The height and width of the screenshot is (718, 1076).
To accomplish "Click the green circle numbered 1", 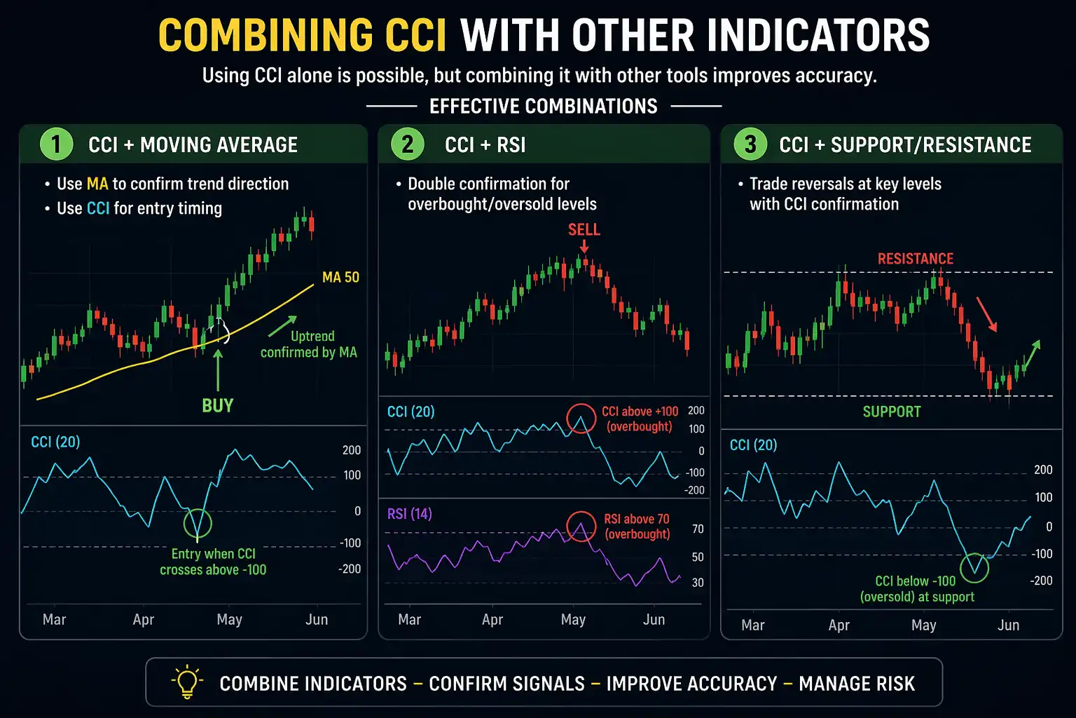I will point(56,144).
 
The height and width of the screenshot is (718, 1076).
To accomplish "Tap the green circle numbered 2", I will point(407,144).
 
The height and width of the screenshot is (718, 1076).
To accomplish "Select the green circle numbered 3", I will point(750,144).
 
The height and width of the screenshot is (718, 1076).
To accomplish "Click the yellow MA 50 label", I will point(340,278).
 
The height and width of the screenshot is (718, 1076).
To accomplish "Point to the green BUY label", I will point(217,405).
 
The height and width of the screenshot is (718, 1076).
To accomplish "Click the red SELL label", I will point(584,230).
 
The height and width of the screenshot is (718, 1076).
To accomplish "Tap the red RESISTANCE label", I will point(915,259).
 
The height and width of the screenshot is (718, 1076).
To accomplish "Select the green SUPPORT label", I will point(891,412).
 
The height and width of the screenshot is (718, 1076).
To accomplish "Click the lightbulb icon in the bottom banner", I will point(187,682).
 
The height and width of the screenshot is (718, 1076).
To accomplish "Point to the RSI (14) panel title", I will point(409,514).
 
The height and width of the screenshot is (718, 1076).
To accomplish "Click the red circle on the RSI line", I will point(581,527).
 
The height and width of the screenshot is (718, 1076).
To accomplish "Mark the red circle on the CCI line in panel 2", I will point(581,419).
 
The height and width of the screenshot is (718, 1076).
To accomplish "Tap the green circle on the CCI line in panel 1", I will point(198,523).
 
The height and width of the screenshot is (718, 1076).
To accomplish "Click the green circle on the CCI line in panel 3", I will point(974,567).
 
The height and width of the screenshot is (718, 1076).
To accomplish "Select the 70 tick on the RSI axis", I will point(698,529).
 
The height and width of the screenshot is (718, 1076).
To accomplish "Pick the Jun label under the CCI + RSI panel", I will point(654,620).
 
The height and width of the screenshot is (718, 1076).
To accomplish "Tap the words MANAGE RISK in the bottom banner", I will point(857,684).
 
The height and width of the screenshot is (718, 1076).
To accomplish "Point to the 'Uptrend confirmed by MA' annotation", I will point(309,344).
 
